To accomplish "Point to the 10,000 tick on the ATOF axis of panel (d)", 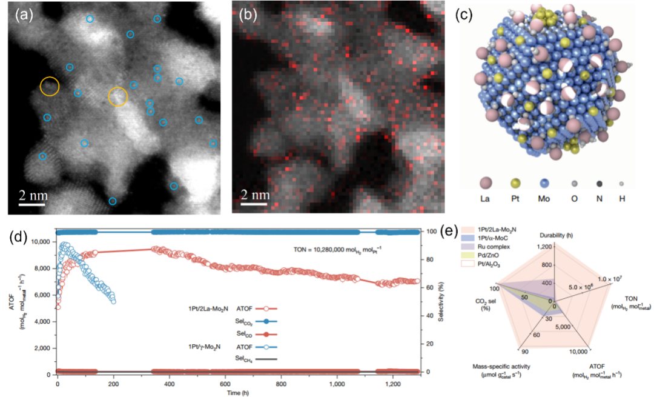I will point(41,242).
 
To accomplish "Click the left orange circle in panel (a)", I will point(50,86).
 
